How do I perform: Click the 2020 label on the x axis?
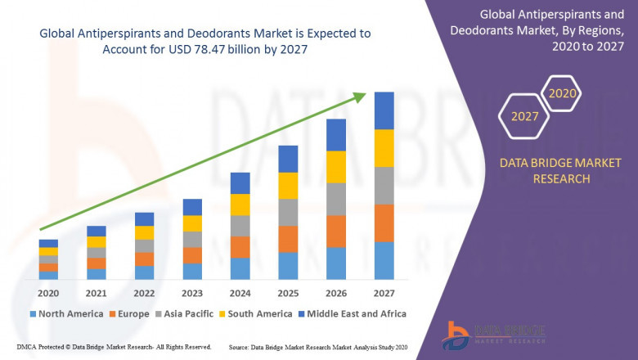[x=48, y=293]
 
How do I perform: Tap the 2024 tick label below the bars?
[x=240, y=293]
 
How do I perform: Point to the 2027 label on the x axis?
[x=384, y=293]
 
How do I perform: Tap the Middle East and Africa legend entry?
[x=353, y=313]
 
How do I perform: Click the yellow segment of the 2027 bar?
[x=384, y=148]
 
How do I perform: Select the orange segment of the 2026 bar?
[x=336, y=231]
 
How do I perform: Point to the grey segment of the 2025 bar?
[x=288, y=212]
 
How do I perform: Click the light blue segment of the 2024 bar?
[x=240, y=268]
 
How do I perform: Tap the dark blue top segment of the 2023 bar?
[x=192, y=207]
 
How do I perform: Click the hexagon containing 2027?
[x=525, y=116]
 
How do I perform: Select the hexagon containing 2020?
[x=562, y=93]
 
